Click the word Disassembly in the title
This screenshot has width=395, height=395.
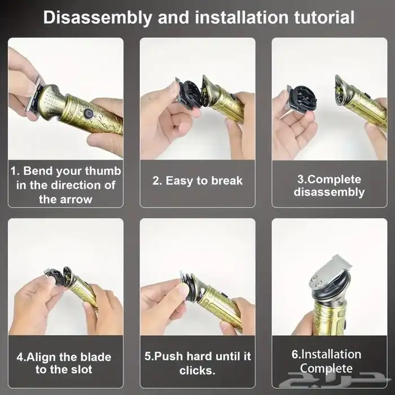[98, 17]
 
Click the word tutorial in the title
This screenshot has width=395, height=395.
[324, 17]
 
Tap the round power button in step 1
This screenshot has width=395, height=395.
[88, 113]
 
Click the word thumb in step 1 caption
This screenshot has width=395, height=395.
[103, 171]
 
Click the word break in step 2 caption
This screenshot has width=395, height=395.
[227, 181]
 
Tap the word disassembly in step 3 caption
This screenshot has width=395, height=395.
[329, 192]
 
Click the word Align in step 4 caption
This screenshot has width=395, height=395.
[40, 357]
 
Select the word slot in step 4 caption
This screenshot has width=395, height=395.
[81, 370]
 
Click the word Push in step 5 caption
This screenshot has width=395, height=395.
[169, 357]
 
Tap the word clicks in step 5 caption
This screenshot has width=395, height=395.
[197, 371]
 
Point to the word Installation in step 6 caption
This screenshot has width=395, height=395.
[331, 354]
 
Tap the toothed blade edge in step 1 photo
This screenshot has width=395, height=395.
[30, 95]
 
